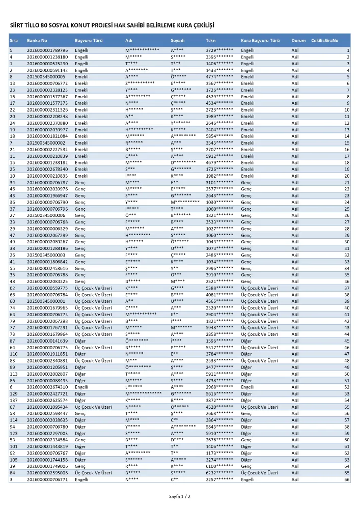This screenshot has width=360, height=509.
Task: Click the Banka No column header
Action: pyautogui.click(x=37, y=40)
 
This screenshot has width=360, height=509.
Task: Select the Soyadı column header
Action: pyautogui.click(x=178, y=40)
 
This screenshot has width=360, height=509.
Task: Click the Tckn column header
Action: pyautogui.click(x=210, y=40)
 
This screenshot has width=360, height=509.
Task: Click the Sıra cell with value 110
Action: pyautogui.click(x=13, y=354)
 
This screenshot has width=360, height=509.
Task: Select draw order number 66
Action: pyautogui.click(x=347, y=479)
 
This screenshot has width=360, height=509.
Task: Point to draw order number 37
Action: pyautogui.click(x=347, y=288)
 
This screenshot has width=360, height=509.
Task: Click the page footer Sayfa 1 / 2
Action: pyautogui.click(x=180, y=496)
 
